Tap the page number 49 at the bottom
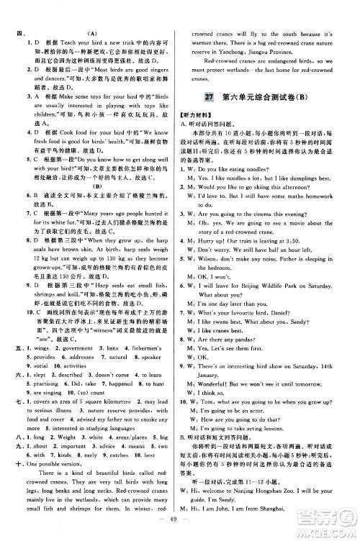tap(179, 521)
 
